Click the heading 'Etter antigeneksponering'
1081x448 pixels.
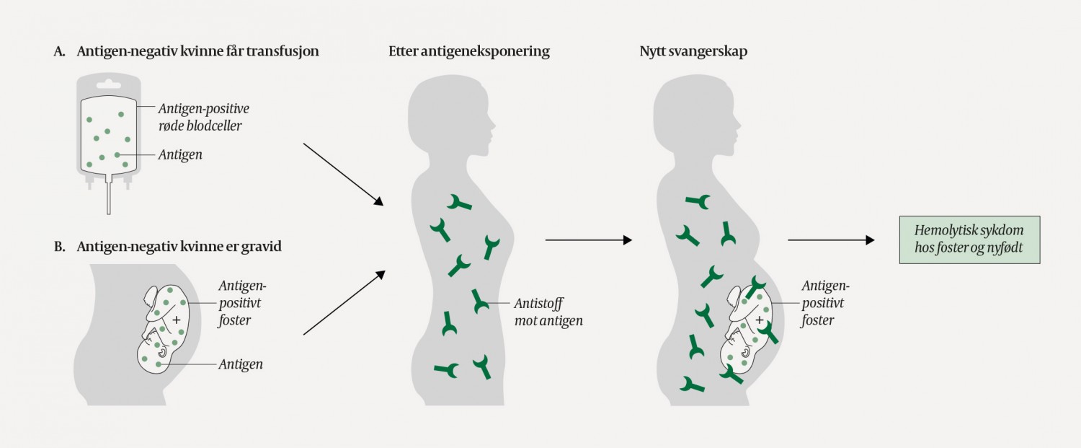click(x=468, y=52)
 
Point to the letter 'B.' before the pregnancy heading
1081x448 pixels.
click(x=61, y=247)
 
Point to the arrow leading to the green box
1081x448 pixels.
click(x=830, y=240)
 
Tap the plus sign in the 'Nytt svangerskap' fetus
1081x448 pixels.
click(x=759, y=320)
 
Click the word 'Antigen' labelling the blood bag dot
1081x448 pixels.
click(x=182, y=154)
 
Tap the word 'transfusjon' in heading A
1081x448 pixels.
click(x=283, y=52)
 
